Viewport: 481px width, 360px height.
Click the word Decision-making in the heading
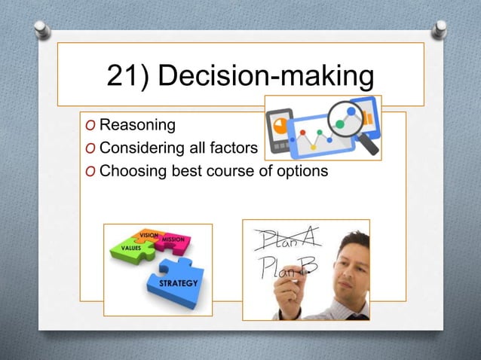pyautogui.click(x=271, y=77)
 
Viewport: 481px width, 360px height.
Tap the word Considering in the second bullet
pyautogui.click(x=141, y=147)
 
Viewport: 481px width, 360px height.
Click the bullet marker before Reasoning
pyautogui.click(x=90, y=125)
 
